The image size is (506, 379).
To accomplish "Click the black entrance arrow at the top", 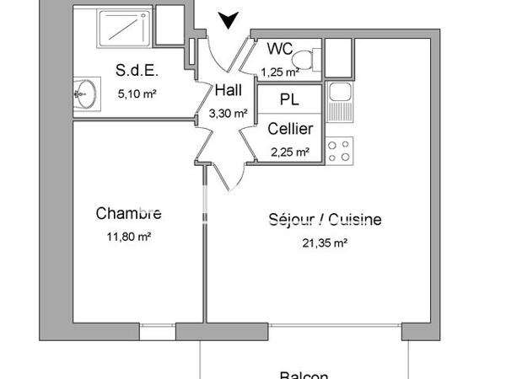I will (227, 19).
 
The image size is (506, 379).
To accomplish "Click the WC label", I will (279, 49).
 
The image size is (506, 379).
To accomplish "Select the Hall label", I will (229, 92).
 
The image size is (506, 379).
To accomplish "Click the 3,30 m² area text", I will (228, 112).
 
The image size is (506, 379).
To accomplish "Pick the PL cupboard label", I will (289, 99).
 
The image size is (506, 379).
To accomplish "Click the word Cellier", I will (290, 129).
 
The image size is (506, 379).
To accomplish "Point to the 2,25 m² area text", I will (290, 152).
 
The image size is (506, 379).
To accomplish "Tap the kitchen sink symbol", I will (339, 101).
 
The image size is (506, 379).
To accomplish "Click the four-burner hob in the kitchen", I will (339, 151).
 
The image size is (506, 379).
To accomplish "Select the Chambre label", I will (128, 213).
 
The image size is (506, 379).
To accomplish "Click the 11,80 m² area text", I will (129, 237).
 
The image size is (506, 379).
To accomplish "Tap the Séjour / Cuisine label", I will (325, 220).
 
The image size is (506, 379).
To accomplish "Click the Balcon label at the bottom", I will (304, 375).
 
